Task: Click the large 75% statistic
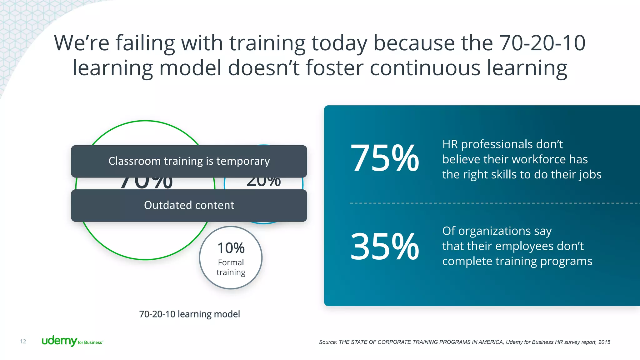[384, 158]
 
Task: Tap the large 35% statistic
[384, 247]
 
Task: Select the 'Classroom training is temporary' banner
[189, 161]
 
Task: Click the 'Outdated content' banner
[189, 205]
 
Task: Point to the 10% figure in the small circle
[231, 248]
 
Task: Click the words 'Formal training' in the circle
[231, 267]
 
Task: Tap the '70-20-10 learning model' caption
[189, 314]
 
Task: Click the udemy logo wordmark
[59, 341]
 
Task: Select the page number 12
[23, 341]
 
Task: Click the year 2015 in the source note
[604, 342]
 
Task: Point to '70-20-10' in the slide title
[542, 43]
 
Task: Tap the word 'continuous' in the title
[425, 68]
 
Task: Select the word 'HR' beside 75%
[450, 144]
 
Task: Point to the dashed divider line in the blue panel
[494, 203]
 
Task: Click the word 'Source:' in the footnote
[328, 342]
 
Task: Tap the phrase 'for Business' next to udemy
[90, 342]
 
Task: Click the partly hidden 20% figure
[263, 182]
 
